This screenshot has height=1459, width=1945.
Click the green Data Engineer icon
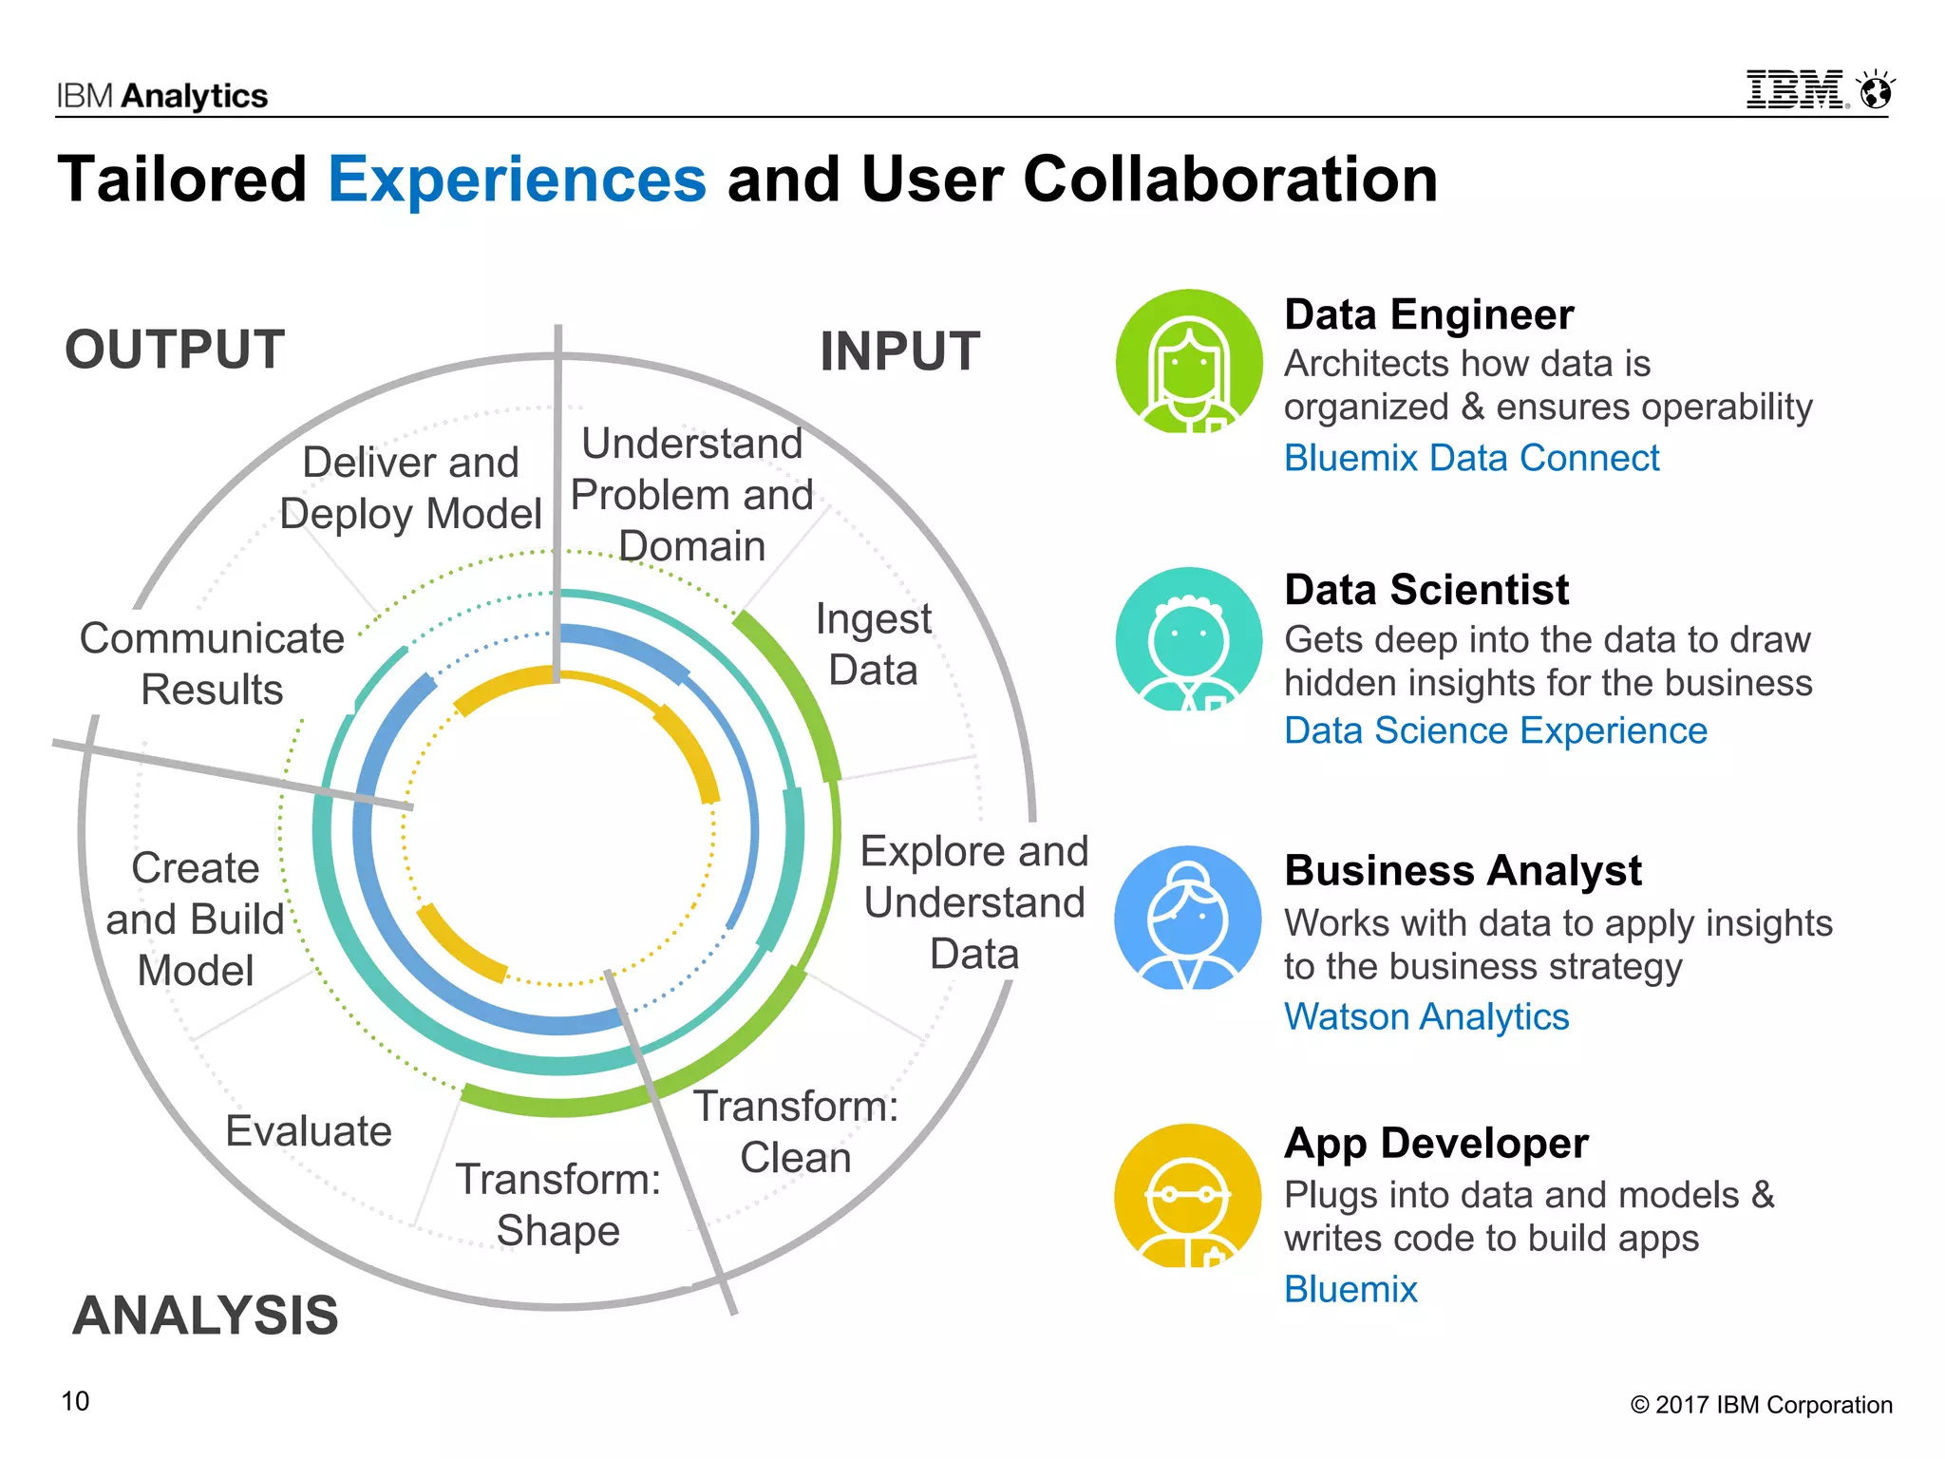(1188, 362)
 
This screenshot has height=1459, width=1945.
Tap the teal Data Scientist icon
(1188, 639)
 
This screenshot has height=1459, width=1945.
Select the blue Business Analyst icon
(1188, 918)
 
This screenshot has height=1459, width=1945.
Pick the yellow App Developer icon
(1188, 1195)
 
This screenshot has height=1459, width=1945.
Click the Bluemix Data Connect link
(1471, 458)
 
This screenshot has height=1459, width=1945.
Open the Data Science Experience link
(1495, 730)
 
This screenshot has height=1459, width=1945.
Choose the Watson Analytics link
(1426, 1016)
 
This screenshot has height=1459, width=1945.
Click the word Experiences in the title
(518, 180)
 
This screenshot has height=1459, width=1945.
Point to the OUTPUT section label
(175, 350)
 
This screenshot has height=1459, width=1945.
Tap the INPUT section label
(899, 351)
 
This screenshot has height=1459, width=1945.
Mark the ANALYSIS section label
(205, 1316)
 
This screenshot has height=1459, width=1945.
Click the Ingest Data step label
(874, 644)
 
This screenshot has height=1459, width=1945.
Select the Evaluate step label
(309, 1131)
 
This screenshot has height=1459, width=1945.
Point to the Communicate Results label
(212, 664)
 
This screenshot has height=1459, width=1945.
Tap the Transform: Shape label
(558, 1204)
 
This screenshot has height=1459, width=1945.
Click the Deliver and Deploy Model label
(410, 488)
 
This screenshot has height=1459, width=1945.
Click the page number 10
(75, 1401)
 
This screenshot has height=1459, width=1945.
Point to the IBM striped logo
(1796, 90)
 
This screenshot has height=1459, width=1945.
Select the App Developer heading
(1436, 1143)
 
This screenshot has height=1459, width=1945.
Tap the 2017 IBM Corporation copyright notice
(1762, 1405)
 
